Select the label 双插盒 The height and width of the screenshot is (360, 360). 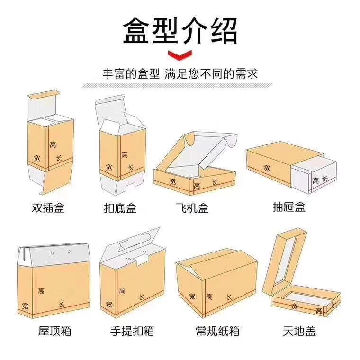[48, 207]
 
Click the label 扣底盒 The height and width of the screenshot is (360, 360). [120, 207]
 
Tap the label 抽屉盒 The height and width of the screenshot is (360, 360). [289, 207]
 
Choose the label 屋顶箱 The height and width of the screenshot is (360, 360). [54, 331]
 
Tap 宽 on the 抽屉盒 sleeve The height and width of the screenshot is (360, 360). [267, 168]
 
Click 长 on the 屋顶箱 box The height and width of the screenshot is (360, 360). [61, 304]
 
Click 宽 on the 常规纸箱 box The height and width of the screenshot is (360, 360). [192, 297]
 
